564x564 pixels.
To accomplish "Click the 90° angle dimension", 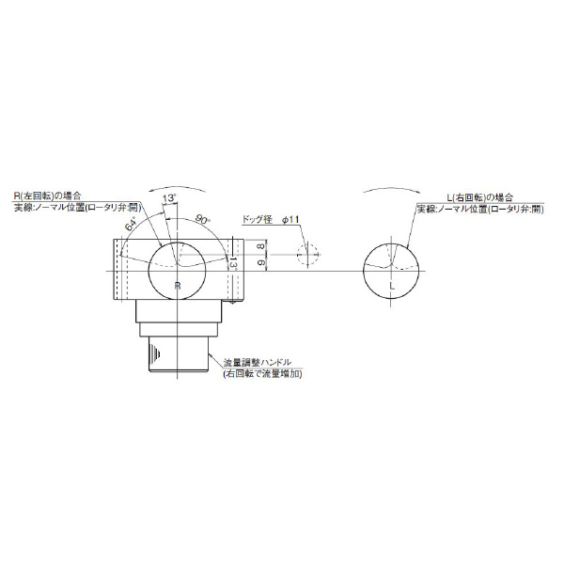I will click(201, 218).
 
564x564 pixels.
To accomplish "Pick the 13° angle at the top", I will click(169, 197).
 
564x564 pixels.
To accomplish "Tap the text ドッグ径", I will click(256, 219).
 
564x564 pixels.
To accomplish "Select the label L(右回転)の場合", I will click(478, 196).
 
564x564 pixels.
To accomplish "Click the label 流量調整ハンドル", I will click(262, 363).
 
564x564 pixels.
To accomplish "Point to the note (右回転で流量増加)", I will click(268, 374).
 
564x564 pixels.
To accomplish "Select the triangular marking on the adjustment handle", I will click(152, 355).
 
